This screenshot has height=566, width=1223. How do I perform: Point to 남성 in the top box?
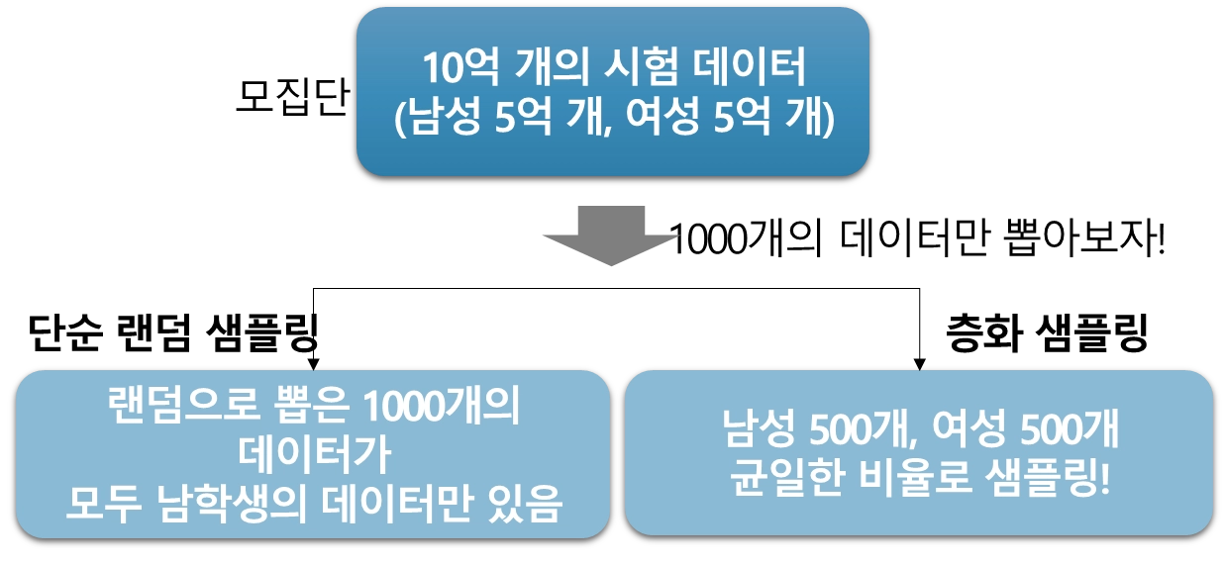pyautogui.click(x=440, y=120)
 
